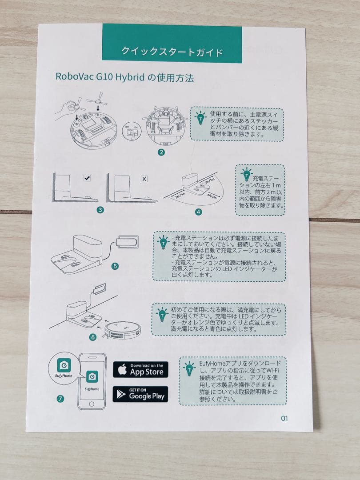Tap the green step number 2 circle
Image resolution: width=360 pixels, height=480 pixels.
pos(161,152)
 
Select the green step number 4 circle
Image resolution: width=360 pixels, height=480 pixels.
pos(198,212)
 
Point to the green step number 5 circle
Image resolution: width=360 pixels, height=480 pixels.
pos(115,266)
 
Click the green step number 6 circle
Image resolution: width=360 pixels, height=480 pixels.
pos(93,337)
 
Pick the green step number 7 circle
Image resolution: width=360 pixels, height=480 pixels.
pos(60,399)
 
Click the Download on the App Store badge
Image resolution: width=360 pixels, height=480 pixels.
pos(140,369)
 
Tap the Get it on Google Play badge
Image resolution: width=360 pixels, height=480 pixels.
pos(140,394)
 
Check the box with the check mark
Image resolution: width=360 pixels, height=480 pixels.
pos(87,178)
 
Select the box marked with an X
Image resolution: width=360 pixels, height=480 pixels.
pos(144,179)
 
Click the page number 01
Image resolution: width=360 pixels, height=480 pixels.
pos(284,418)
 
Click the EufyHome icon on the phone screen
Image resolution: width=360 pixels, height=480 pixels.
pos(92,376)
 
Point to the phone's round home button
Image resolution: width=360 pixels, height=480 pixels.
pos(92,404)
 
